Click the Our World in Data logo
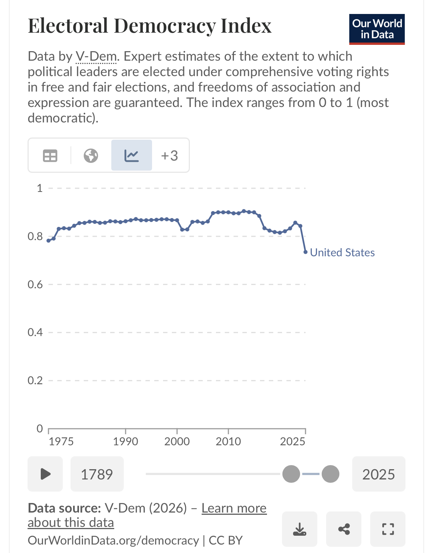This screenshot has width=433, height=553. point(377,29)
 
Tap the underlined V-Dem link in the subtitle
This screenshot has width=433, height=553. point(96,57)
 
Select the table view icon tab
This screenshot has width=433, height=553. point(50,156)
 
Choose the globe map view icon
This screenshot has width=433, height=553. point(91,156)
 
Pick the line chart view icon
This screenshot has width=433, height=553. point(131,156)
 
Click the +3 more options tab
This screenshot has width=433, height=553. point(170,156)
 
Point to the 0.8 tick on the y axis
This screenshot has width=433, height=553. point(35,236)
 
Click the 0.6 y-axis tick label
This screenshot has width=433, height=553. point(35,285)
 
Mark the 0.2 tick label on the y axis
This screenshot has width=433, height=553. point(35,381)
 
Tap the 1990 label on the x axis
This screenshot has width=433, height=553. point(126,442)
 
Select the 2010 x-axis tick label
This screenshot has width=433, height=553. point(228,442)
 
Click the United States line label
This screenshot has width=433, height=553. point(342,253)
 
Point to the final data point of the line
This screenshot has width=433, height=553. point(306,252)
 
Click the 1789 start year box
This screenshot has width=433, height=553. point(97,474)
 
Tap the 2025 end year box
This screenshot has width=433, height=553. point(379,474)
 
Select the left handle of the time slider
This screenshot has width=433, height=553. point(291,474)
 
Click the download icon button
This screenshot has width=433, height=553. point(300,529)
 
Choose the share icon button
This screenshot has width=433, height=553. point(344,529)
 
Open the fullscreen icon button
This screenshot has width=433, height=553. point(388,529)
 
